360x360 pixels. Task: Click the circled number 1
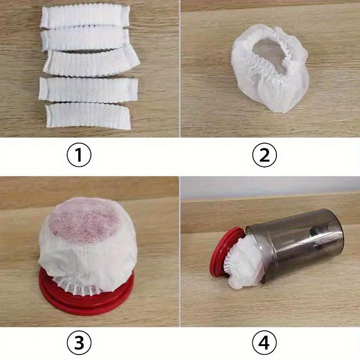pos(79,156)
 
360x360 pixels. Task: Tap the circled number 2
pos(264,156)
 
